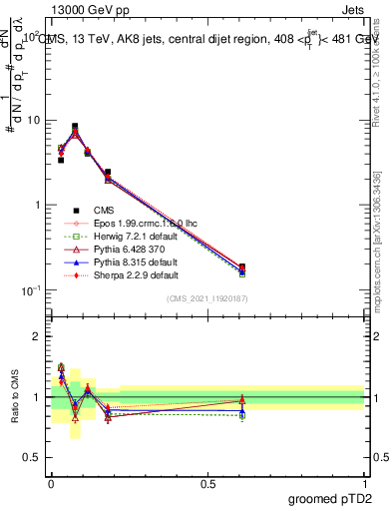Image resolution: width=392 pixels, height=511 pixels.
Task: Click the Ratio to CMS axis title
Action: click(x=14, y=396)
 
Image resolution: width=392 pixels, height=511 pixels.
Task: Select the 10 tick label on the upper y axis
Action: click(x=34, y=121)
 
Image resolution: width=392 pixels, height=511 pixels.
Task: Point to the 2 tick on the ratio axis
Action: click(x=37, y=336)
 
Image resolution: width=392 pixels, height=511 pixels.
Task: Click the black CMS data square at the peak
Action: click(x=75, y=127)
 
